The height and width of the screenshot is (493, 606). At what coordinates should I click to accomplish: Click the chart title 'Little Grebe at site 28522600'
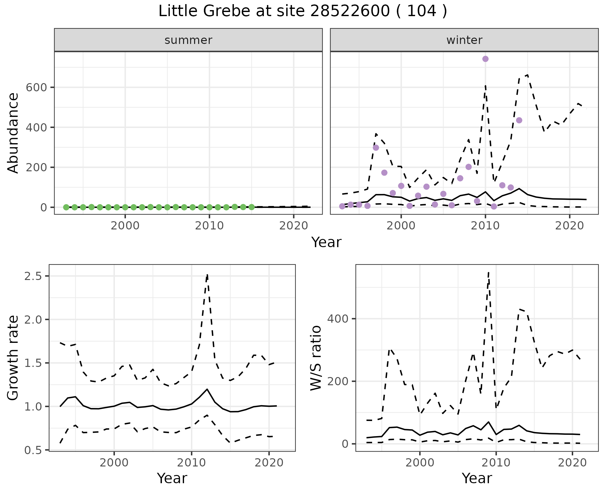(302, 11)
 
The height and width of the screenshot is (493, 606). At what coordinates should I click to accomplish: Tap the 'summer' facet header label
(188, 40)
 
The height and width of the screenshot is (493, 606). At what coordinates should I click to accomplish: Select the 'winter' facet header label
(464, 40)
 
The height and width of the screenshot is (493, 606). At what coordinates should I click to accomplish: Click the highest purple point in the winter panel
(485, 59)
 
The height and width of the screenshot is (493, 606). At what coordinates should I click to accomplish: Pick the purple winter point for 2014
(519, 120)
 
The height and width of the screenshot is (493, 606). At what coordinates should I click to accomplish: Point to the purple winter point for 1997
(376, 148)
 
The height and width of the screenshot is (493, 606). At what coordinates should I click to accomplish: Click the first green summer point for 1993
(66, 207)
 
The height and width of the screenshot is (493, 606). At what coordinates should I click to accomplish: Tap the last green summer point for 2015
(252, 207)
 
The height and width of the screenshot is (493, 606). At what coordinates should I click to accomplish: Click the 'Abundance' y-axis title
(13, 133)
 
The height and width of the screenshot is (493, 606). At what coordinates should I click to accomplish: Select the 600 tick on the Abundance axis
(36, 88)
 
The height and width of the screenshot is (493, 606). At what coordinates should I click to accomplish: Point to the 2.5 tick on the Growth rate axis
(33, 276)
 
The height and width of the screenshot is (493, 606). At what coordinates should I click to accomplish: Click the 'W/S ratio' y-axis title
(316, 358)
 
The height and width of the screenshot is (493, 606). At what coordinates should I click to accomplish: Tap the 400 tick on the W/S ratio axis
(337, 319)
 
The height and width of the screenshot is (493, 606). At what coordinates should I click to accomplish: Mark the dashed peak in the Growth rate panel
(207, 275)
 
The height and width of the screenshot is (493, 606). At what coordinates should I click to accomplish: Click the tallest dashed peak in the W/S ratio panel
(489, 272)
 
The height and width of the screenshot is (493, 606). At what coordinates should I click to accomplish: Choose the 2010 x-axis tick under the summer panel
(209, 226)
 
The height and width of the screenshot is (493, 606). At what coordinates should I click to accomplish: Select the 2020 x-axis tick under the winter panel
(570, 226)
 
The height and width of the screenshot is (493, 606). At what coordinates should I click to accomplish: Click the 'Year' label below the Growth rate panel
(172, 478)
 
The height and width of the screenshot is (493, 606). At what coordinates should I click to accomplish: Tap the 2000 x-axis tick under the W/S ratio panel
(420, 463)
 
